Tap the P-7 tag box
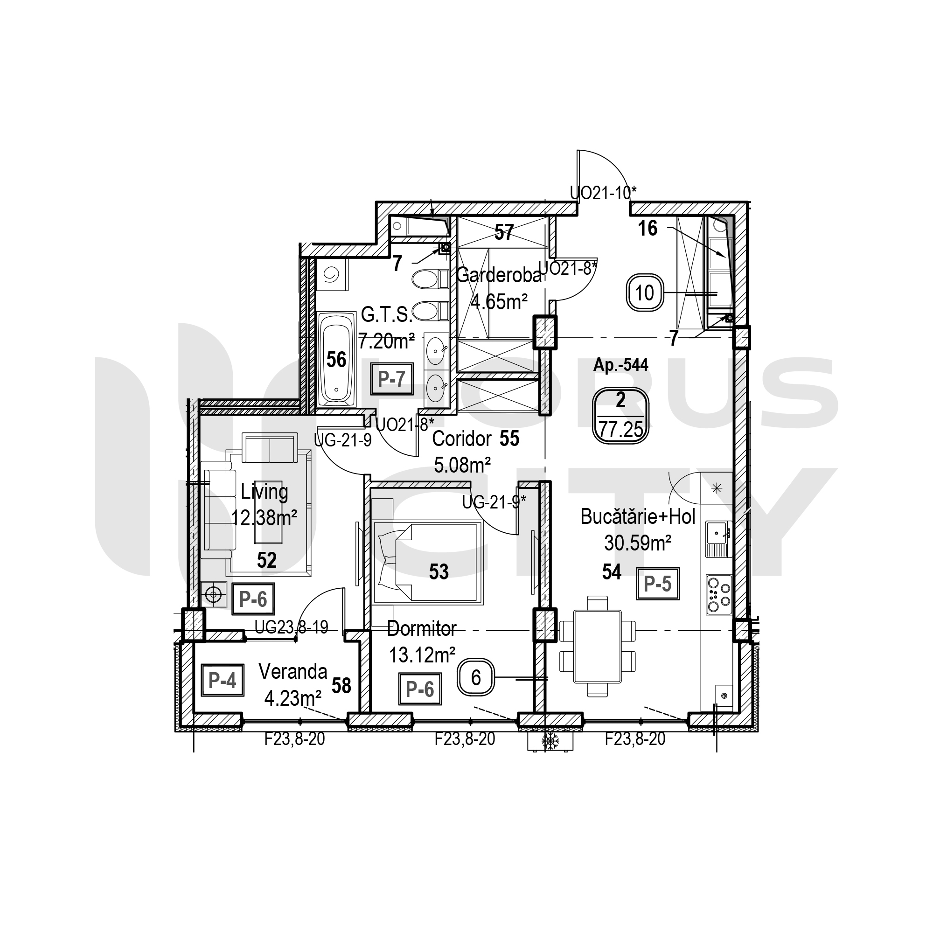click(x=392, y=379)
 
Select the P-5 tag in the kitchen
click(x=658, y=584)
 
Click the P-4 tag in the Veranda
click(x=222, y=681)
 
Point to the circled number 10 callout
click(x=645, y=292)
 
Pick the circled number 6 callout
click(x=476, y=678)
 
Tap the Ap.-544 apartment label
click(x=620, y=365)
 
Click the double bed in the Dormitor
click(x=428, y=562)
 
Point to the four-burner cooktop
click(x=718, y=595)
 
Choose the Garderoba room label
click(x=499, y=275)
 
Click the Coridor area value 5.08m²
click(x=462, y=466)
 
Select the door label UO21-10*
click(x=603, y=193)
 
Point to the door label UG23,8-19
click(x=291, y=627)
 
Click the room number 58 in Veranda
click(x=341, y=686)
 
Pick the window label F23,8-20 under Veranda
click(x=294, y=739)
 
